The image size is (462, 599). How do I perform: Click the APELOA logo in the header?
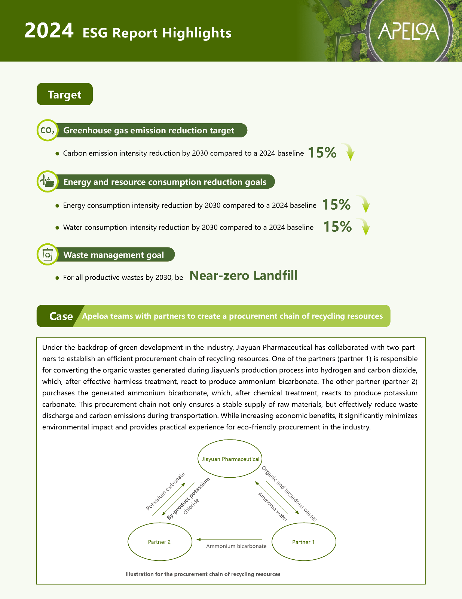click(x=408, y=32)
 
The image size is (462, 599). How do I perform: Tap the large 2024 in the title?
click(x=49, y=31)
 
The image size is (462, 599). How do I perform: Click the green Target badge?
click(x=65, y=94)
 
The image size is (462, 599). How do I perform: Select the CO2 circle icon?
click(x=48, y=131)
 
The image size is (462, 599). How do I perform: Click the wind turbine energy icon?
click(x=48, y=182)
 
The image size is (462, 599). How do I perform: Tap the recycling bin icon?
click(x=48, y=255)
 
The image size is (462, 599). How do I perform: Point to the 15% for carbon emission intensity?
click(x=322, y=153)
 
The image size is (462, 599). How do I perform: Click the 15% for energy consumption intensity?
click(x=336, y=205)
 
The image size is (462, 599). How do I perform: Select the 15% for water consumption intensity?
click(x=337, y=227)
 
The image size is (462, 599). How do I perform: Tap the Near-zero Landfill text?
click(x=244, y=276)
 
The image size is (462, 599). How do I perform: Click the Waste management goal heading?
click(x=114, y=255)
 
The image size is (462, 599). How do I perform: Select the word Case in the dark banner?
click(x=61, y=316)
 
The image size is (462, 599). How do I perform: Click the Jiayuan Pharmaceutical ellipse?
click(x=230, y=459)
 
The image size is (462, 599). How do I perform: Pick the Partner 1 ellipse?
click(x=303, y=542)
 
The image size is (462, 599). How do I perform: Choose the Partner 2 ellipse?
click(x=159, y=542)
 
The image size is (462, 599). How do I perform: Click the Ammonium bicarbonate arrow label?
click(x=236, y=546)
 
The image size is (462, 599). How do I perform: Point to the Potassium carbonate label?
click(x=165, y=491)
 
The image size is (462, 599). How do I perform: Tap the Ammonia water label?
click(x=273, y=507)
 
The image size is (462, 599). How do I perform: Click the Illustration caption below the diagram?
click(x=203, y=574)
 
